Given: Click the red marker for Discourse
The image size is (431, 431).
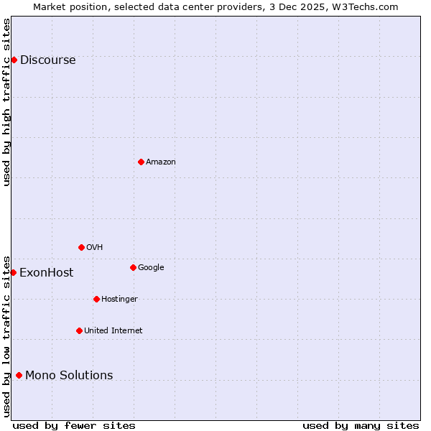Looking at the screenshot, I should (14, 60).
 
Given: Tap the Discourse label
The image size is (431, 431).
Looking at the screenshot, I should (47, 60).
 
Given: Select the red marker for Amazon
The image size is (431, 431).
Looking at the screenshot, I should (141, 162).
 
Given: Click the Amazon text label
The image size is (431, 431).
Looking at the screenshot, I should (161, 162).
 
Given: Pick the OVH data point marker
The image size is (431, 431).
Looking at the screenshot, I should (81, 247).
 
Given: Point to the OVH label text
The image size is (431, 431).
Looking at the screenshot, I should (94, 248).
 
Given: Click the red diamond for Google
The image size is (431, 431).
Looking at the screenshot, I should (133, 267).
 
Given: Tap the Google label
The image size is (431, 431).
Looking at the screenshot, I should (151, 268).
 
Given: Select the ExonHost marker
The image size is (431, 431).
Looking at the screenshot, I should (13, 272).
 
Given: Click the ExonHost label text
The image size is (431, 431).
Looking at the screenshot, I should (46, 273).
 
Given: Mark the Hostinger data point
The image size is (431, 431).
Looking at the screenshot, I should (96, 299).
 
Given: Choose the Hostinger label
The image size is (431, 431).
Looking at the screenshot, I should (119, 300).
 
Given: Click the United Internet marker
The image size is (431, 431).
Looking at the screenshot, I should (79, 330).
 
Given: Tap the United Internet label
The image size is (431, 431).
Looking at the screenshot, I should (113, 331).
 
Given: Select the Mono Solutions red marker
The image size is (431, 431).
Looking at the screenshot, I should (19, 375).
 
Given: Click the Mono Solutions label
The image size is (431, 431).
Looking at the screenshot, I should (69, 376).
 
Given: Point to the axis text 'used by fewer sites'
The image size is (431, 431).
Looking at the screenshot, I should (74, 425).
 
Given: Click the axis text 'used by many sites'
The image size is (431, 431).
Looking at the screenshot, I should (361, 425).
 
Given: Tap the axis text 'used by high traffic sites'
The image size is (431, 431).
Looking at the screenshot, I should (6, 102).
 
